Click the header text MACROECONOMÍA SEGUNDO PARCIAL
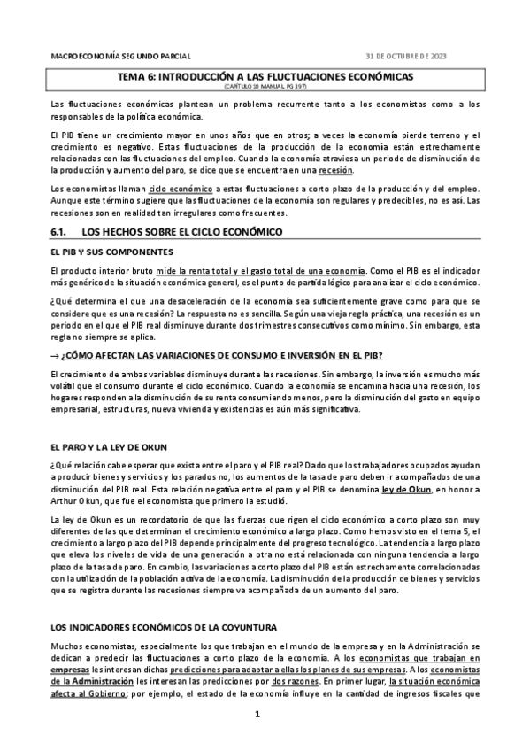click(121, 56)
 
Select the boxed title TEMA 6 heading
click(266, 77)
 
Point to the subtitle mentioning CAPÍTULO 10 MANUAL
click(265, 88)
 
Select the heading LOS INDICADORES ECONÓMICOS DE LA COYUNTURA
click(165, 627)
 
